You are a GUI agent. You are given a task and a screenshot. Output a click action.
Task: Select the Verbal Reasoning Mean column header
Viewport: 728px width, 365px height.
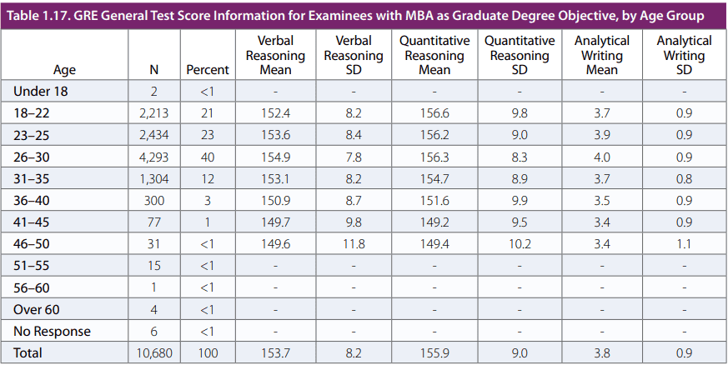pyautogui.click(x=275, y=55)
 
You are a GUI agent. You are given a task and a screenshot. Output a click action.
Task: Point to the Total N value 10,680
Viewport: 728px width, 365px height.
pyautogui.click(x=153, y=352)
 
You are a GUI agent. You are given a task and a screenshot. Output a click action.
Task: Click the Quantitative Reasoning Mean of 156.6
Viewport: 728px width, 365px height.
pyautogui.click(x=434, y=112)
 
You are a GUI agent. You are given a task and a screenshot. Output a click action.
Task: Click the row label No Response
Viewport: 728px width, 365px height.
pyautogui.click(x=52, y=332)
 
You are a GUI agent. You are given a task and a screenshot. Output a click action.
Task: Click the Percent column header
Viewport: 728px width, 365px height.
pyautogui.click(x=207, y=70)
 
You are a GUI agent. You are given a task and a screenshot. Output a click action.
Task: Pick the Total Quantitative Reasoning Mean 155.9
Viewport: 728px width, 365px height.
pyautogui.click(x=434, y=352)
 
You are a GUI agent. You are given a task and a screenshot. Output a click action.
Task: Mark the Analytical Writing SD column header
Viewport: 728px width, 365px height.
pyautogui.click(x=684, y=55)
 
